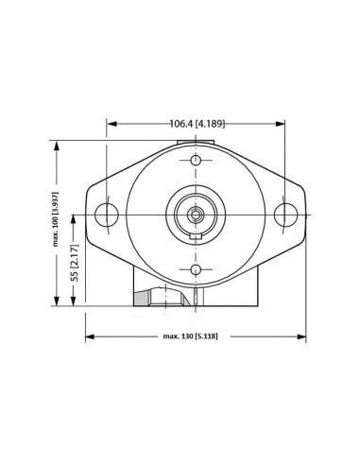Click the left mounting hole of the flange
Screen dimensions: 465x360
coord(107,214)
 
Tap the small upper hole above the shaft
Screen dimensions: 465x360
coord(196,160)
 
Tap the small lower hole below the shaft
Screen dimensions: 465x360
coord(196,269)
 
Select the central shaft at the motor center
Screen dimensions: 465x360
coord(196,215)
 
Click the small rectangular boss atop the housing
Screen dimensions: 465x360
coord(196,144)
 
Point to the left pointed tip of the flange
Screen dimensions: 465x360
coord(86,214)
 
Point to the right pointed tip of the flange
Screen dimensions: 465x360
coord(304,214)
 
